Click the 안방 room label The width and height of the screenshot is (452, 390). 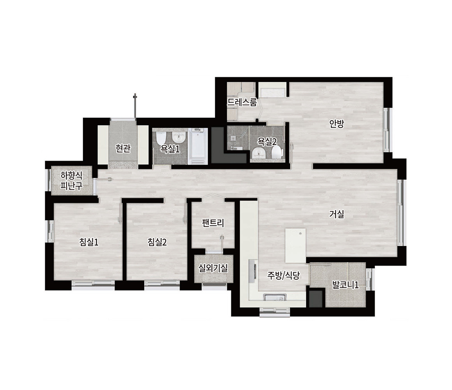337,124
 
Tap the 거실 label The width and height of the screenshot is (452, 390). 337,214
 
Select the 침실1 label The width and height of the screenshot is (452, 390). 89,242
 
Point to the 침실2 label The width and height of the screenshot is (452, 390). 157,242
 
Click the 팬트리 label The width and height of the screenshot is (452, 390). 213,223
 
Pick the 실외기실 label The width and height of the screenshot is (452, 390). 213,268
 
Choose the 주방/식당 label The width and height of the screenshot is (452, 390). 284,276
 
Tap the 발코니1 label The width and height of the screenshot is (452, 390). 345,285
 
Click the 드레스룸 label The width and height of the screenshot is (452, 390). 242,102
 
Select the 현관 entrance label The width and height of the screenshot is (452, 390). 123,149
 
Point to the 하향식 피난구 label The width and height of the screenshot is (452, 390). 71,180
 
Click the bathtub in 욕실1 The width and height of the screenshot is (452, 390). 198,147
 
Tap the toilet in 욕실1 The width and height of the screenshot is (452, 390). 160,139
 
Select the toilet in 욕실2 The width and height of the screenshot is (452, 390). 277,152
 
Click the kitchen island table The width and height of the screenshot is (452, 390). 295,245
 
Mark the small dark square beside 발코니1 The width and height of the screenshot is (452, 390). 316,299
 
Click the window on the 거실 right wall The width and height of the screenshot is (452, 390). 400,213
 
